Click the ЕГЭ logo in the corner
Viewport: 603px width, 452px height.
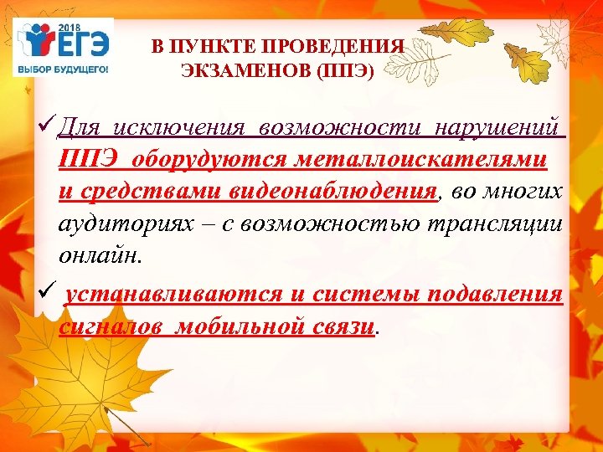click(60, 42)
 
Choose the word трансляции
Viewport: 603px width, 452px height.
click(497, 223)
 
